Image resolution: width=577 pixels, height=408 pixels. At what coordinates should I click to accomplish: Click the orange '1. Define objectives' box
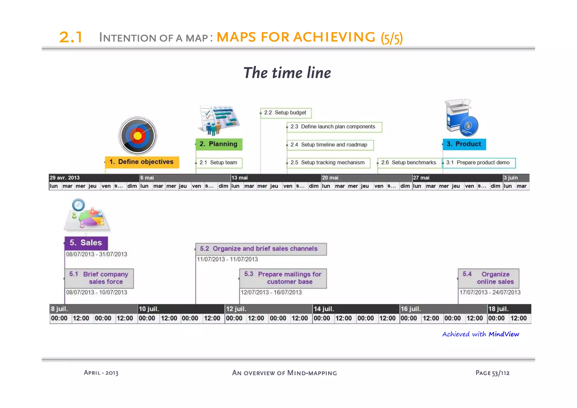pyautogui.click(x=142, y=162)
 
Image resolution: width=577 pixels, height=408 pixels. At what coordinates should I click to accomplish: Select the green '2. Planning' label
pyautogui.click(x=219, y=144)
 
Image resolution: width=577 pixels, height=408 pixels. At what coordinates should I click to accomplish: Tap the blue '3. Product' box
pyautogui.click(x=464, y=144)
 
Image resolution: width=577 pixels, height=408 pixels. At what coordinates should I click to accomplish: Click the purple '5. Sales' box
pyautogui.click(x=86, y=243)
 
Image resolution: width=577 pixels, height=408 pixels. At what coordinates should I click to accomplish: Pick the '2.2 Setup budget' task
pyautogui.click(x=285, y=113)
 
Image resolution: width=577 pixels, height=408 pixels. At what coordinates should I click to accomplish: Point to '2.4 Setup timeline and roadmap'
pyautogui.click(x=330, y=145)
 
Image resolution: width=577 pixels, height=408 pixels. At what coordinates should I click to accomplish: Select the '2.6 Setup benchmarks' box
pyautogui.click(x=409, y=163)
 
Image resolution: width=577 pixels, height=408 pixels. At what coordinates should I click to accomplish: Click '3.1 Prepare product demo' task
pyautogui.click(x=479, y=163)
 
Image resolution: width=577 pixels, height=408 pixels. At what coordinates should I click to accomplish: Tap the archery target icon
pyautogui.click(x=137, y=136)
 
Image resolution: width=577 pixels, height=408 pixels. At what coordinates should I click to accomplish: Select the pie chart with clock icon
pyautogui.click(x=87, y=215)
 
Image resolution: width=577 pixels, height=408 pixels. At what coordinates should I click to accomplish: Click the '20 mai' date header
pyautogui.click(x=330, y=178)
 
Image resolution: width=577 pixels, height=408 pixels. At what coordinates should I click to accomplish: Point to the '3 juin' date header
pyautogui.click(x=511, y=178)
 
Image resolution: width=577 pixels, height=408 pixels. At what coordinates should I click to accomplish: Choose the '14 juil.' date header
pyautogui.click(x=324, y=309)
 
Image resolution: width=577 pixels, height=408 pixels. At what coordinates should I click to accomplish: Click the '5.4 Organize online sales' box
pyautogui.click(x=488, y=278)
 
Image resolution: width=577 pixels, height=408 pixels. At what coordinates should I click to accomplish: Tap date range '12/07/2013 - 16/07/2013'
pyautogui.click(x=271, y=292)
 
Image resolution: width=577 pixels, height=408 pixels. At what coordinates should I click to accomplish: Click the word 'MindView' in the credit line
pyautogui.click(x=504, y=334)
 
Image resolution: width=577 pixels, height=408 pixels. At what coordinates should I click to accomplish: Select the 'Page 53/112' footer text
pyautogui.click(x=492, y=373)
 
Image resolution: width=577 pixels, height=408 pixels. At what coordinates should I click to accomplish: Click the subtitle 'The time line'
pyautogui.click(x=287, y=73)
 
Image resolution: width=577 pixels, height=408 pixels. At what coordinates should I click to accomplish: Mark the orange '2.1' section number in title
pyautogui.click(x=71, y=37)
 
